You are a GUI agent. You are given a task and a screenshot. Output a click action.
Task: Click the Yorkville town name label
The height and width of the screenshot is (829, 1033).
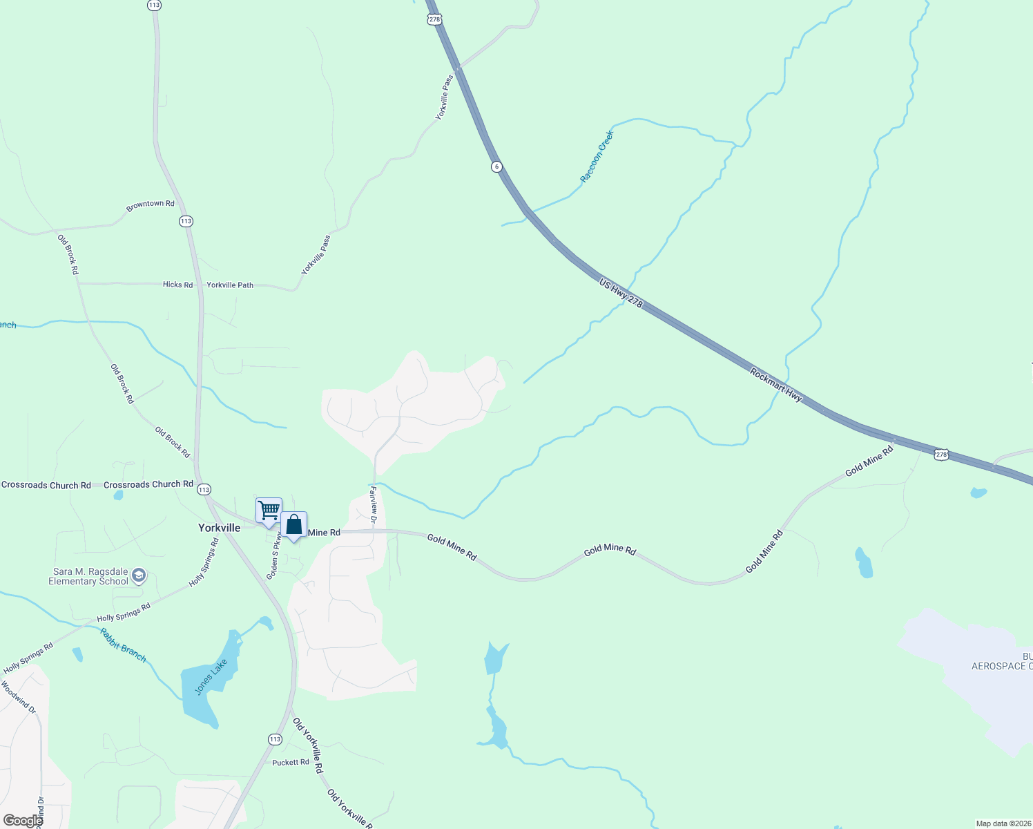(220, 528)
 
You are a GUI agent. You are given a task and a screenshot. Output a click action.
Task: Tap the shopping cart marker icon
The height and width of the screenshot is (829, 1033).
(269, 511)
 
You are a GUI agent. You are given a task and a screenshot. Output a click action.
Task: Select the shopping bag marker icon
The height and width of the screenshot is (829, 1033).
(293, 524)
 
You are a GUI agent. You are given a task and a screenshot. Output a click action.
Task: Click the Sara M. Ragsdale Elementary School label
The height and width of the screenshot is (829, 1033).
(88, 576)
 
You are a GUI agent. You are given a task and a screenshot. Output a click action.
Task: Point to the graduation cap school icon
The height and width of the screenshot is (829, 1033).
(139, 575)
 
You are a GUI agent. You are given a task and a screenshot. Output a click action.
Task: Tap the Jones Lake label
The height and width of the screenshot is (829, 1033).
(211, 677)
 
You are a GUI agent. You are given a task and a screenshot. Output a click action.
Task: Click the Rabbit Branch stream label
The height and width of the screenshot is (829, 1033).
(123, 645)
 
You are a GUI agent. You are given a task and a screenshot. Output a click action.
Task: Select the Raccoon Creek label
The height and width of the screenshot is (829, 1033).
(597, 157)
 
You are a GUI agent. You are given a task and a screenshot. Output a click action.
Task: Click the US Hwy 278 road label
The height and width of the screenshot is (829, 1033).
(621, 294)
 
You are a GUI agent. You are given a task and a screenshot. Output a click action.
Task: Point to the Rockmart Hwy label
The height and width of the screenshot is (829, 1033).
(776, 385)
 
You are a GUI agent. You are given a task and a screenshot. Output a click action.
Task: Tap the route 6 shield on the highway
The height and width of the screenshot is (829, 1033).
(496, 166)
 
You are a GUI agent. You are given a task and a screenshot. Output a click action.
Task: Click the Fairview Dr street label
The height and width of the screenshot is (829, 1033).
(374, 504)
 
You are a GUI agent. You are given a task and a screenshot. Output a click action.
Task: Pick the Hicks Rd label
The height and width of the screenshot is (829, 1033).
(177, 285)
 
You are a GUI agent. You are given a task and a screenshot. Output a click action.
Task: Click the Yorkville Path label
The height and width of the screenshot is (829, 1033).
(230, 285)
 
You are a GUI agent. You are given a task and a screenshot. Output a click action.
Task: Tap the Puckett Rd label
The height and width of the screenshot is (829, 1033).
(291, 763)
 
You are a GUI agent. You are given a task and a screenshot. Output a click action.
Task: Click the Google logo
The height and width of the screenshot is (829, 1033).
(22, 821)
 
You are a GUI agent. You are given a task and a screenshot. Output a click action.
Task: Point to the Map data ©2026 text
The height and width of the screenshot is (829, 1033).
(1003, 823)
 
